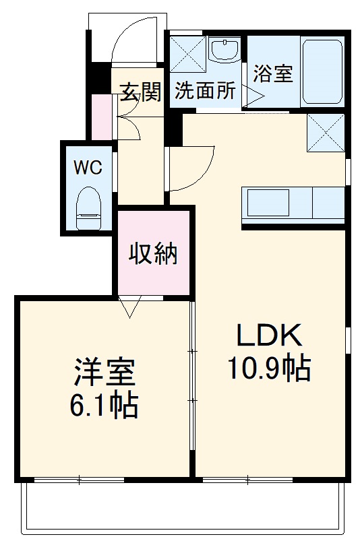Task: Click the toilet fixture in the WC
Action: pyautogui.click(x=88, y=208)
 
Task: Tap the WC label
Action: pyautogui.click(x=88, y=168)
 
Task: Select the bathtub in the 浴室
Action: pyautogui.click(x=322, y=71)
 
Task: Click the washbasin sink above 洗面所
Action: pyautogui.click(x=225, y=51)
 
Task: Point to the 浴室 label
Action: pyautogui.click(x=273, y=73)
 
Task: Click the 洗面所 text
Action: pyautogui.click(x=205, y=91)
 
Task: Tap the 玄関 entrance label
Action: pyautogui.click(x=141, y=92)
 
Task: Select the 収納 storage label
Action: pyautogui.click(x=153, y=254)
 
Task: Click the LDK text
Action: pyautogui.click(x=269, y=336)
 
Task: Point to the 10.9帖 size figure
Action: pyautogui.click(x=269, y=369)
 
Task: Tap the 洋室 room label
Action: pyautogui.click(x=104, y=373)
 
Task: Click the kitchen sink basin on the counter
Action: pyautogui.click(x=268, y=203)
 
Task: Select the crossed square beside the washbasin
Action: pyautogui.click(x=188, y=53)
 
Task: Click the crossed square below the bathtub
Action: pyautogui.click(x=326, y=133)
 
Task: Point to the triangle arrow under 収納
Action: pyautogui.click(x=129, y=307)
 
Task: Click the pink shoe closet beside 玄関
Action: pyautogui.click(x=102, y=117)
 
